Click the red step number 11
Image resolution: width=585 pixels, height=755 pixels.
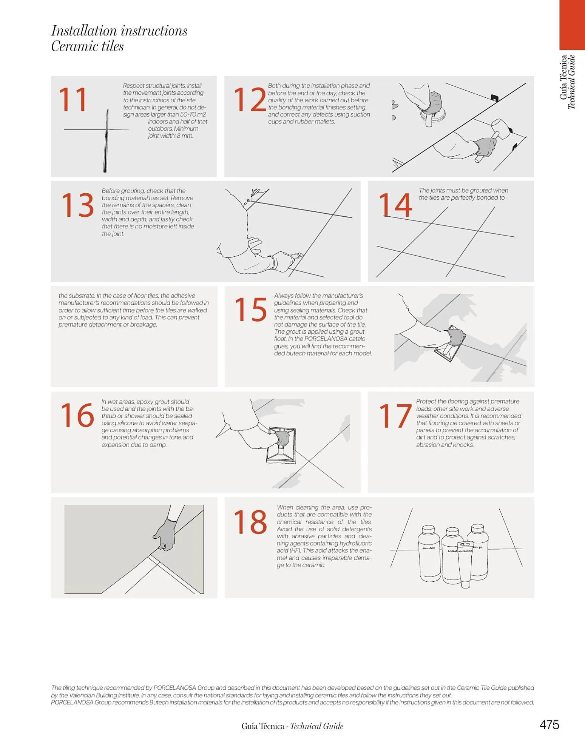click(x=73, y=100)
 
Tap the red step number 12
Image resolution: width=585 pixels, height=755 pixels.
click(x=250, y=100)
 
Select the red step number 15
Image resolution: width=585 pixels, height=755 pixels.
click(x=250, y=310)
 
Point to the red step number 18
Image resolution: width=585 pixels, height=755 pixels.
click(x=250, y=522)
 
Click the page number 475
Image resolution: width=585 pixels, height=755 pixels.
click(x=549, y=725)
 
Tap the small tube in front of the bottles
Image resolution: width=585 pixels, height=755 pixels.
click(x=465, y=564)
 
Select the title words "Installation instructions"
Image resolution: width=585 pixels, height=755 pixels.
click(x=119, y=31)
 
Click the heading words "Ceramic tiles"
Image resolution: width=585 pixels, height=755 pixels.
click(x=87, y=46)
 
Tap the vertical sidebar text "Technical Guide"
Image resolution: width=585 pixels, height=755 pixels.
click(x=571, y=82)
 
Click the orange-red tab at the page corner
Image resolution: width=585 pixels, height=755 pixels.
click(x=572, y=25)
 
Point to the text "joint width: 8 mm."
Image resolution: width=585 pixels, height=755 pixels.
click(x=171, y=136)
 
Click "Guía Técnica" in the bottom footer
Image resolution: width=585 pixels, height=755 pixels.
click(x=263, y=726)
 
